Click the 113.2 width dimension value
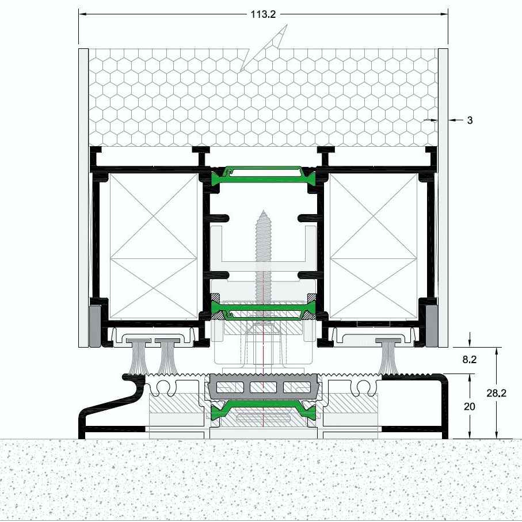click(263, 14)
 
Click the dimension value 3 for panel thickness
click(470, 120)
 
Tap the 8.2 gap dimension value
click(470, 360)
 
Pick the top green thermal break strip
click(264, 174)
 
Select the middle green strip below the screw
click(264, 311)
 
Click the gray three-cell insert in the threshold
click(264, 386)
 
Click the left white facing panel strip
click(83, 196)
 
